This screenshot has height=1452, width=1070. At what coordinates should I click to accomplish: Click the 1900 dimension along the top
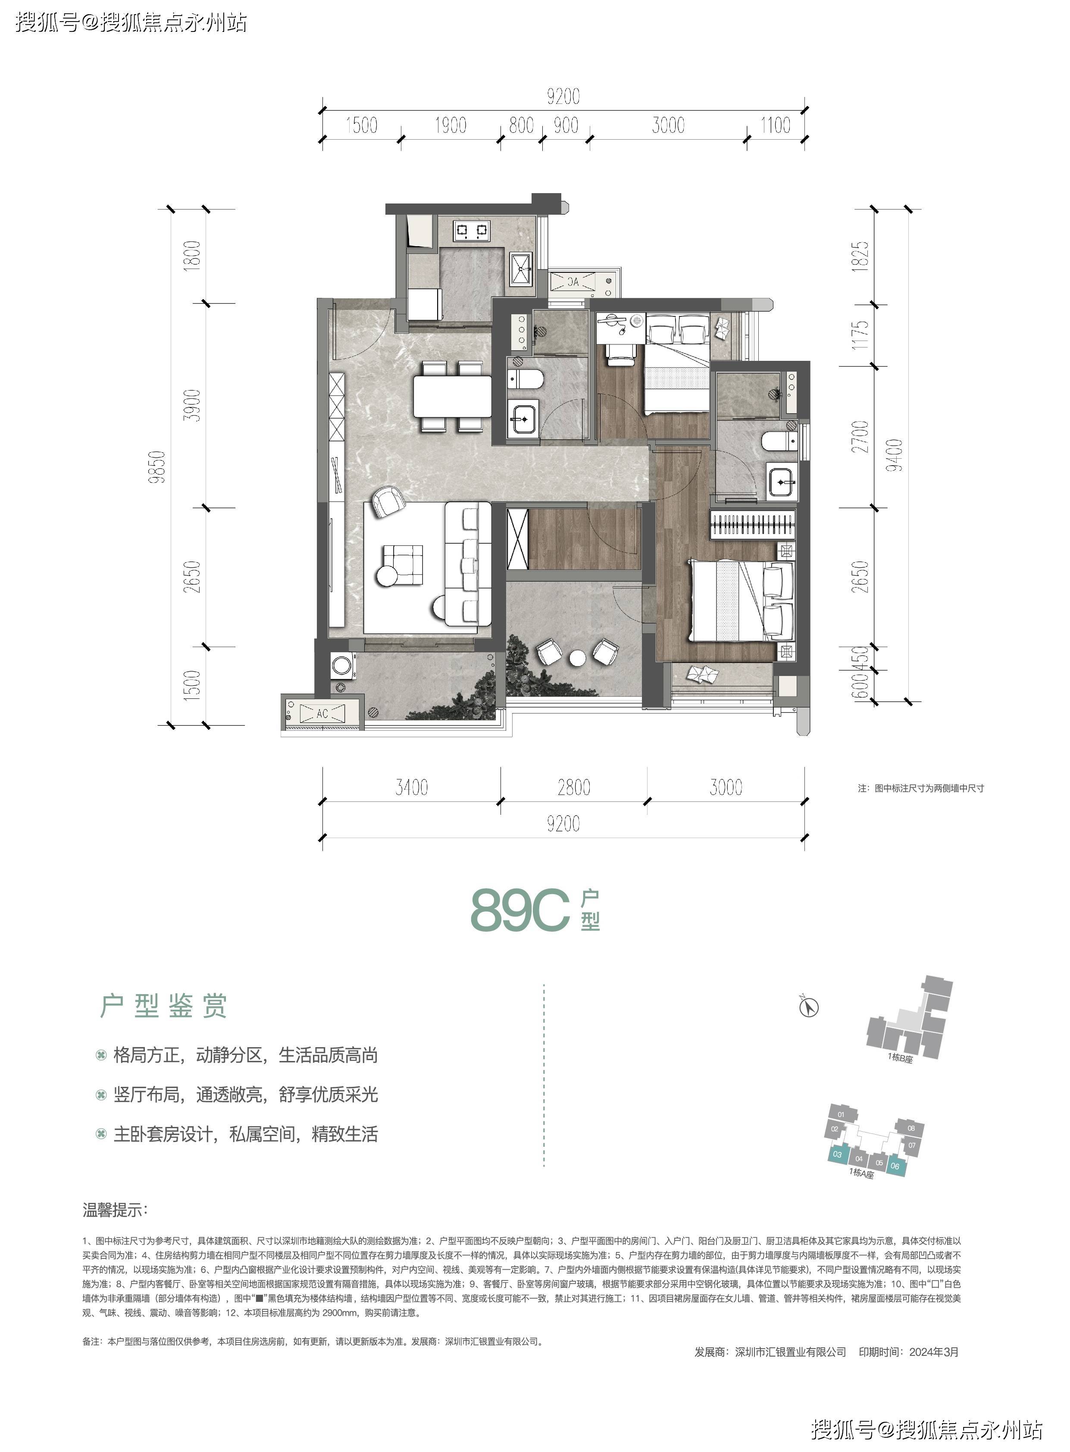click(450, 125)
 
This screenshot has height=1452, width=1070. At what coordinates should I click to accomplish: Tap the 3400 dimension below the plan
click(412, 788)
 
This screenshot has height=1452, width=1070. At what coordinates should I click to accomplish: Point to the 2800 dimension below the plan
click(574, 788)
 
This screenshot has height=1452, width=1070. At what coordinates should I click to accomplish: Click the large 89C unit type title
click(520, 911)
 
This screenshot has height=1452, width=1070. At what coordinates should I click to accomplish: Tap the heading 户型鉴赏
click(163, 1006)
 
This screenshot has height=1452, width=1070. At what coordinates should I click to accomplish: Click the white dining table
click(453, 396)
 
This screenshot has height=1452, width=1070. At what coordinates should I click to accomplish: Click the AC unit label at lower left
click(322, 713)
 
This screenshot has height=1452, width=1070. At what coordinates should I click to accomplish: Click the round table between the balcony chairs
click(577, 658)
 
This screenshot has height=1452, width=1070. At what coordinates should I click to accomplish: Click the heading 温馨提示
click(115, 1209)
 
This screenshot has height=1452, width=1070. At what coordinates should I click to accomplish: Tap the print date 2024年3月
click(934, 1352)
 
